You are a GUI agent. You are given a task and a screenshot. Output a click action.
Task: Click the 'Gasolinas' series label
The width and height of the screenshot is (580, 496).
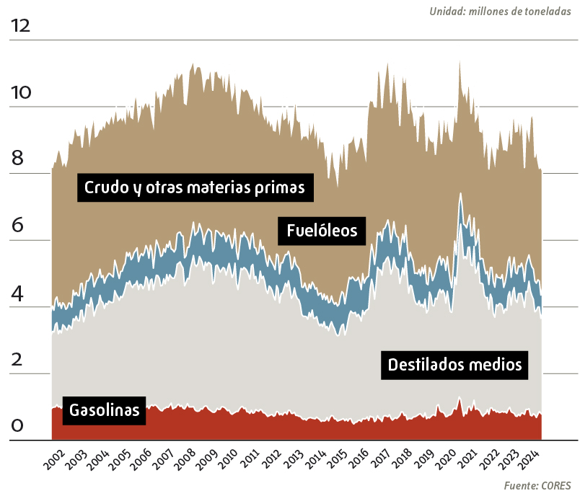coord(105,411)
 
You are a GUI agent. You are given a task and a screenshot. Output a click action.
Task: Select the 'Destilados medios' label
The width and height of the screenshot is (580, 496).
coord(454,364)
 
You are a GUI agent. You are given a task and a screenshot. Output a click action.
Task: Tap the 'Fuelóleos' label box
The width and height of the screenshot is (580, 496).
coord(322,231)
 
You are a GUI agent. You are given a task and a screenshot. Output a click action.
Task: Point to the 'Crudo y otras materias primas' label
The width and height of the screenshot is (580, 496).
coord(195,187)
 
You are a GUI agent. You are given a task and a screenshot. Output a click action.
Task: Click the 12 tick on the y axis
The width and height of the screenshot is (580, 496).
coord(21,26)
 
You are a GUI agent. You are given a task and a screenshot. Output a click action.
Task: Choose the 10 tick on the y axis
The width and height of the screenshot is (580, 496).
coord(21,93)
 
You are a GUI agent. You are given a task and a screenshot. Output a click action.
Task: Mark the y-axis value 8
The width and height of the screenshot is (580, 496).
coord(17,159)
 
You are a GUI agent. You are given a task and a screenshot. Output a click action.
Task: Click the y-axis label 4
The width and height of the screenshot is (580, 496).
coord(17,293)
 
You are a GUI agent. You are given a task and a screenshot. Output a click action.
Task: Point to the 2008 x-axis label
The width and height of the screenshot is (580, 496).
coord(185,461)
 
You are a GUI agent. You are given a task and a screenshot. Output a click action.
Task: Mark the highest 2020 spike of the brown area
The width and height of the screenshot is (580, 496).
coord(460,62)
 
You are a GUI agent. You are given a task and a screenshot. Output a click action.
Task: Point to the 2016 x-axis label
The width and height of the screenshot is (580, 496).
coord(359,461)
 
